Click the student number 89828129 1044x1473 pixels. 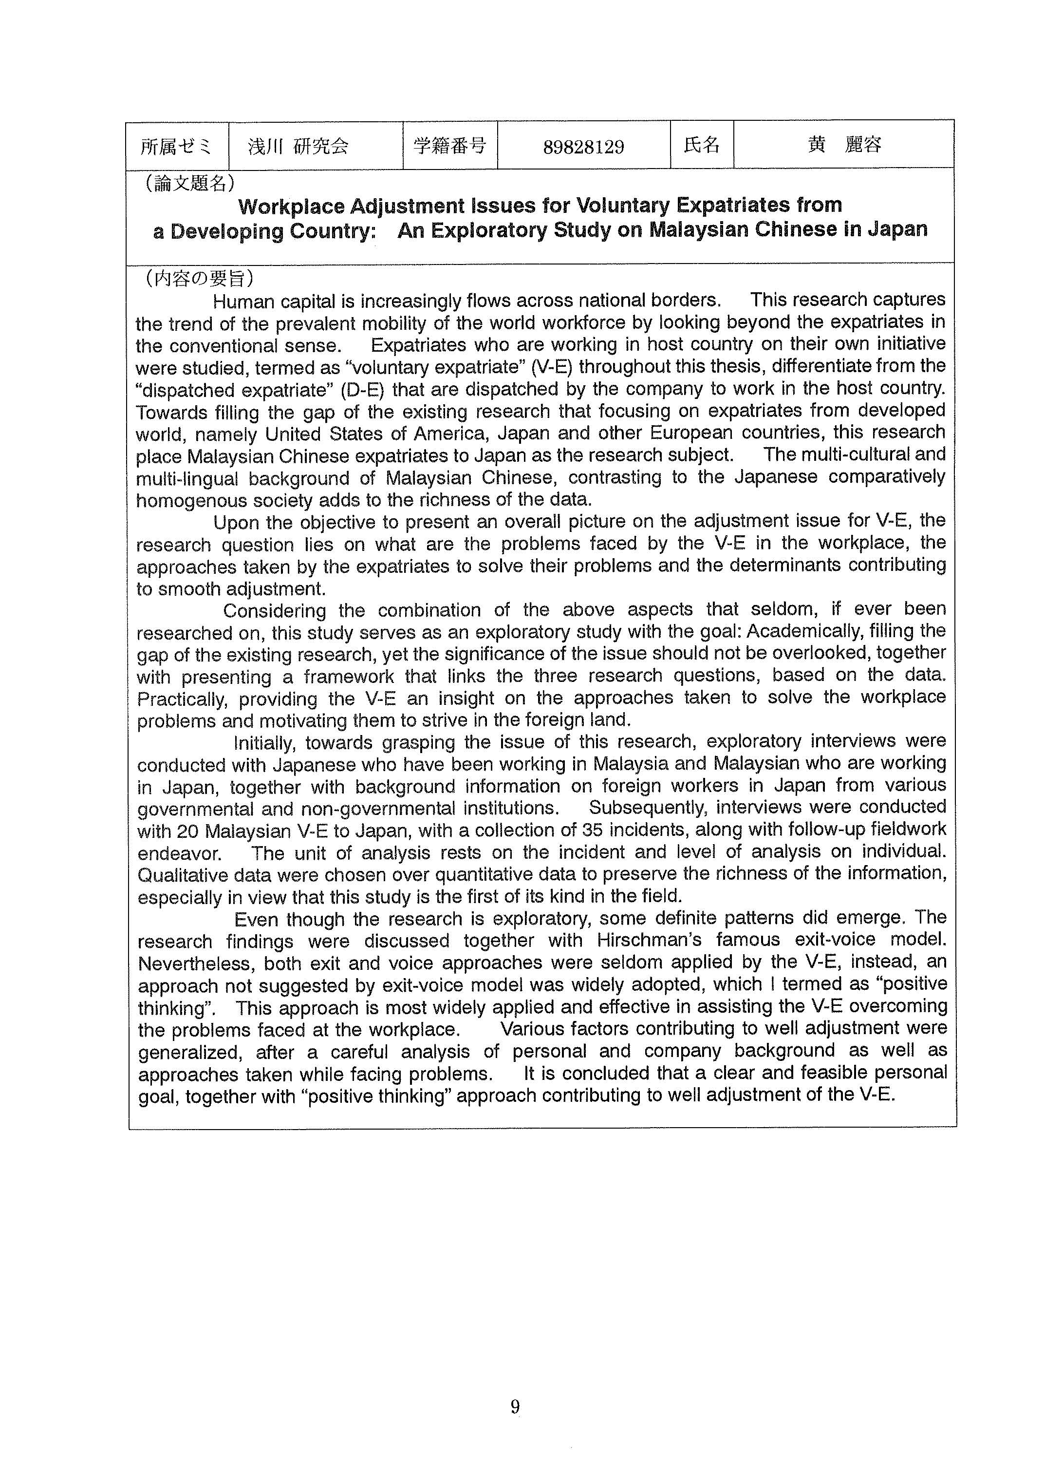click(x=583, y=147)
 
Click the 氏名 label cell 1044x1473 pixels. click(x=701, y=145)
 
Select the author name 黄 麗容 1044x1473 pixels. click(x=844, y=145)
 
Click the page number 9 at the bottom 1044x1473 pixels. click(x=515, y=1407)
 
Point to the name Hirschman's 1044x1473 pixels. click(x=651, y=940)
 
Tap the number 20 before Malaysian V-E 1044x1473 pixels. click(x=187, y=831)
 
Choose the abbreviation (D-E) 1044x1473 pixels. click(x=354, y=390)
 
